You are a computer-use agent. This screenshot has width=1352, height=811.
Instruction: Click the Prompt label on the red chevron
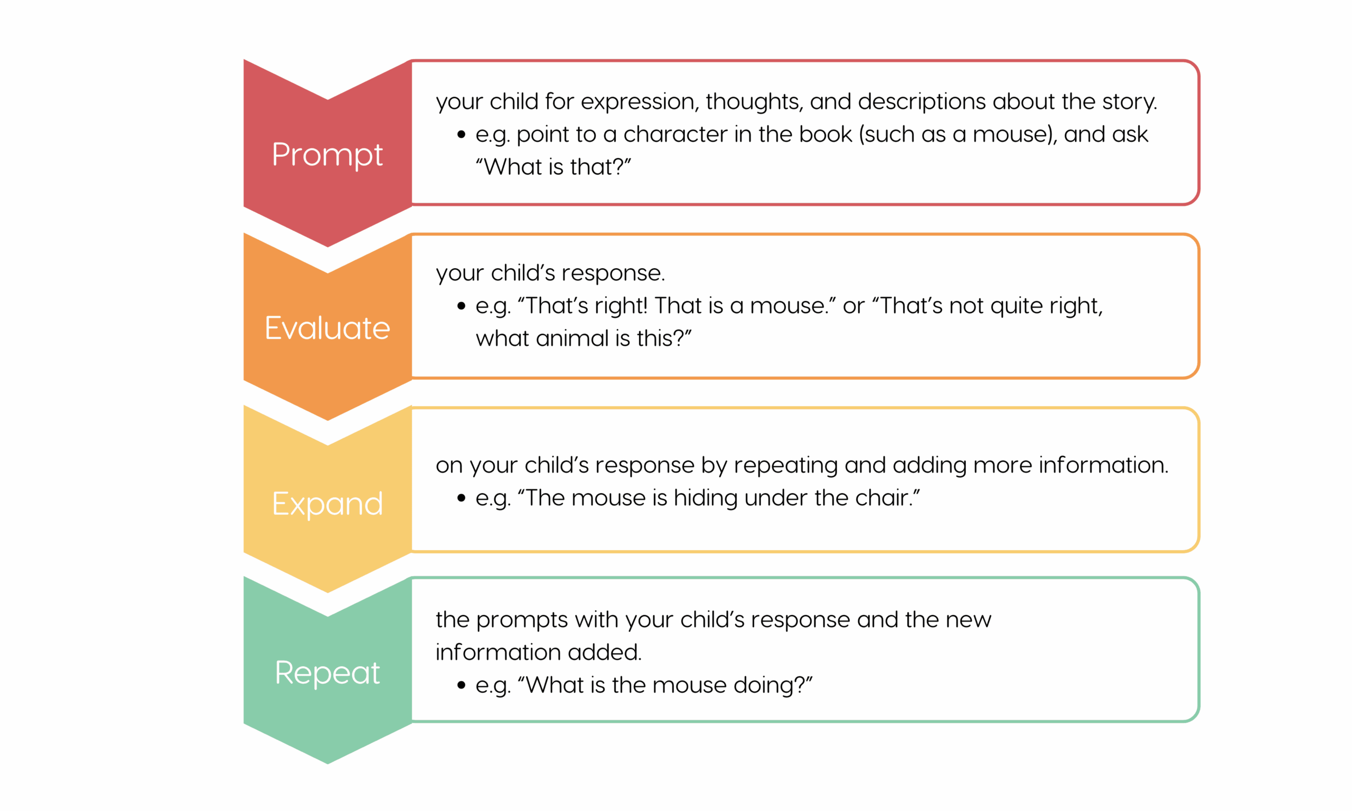click(327, 155)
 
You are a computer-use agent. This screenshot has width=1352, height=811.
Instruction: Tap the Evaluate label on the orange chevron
click(327, 328)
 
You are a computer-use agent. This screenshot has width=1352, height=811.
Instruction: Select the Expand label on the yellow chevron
click(327, 504)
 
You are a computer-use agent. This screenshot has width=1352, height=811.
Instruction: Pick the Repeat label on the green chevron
click(327, 673)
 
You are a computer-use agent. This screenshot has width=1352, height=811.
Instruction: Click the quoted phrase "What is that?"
click(553, 167)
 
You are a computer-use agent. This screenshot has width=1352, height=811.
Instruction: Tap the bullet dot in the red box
click(462, 135)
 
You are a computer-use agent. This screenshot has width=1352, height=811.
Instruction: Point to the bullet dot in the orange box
click(462, 306)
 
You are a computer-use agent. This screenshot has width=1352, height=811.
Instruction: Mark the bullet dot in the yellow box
click(462, 498)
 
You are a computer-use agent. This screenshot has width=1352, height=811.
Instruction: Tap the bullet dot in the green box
click(462, 685)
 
